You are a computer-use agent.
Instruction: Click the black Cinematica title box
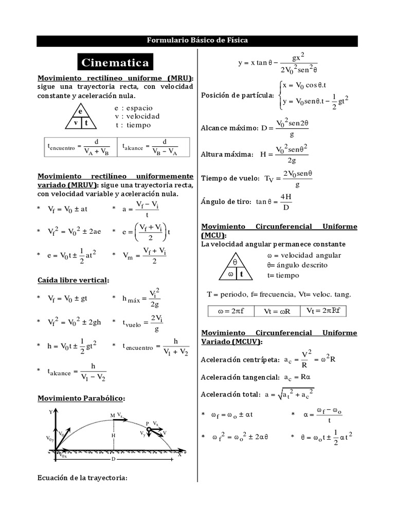point(115,63)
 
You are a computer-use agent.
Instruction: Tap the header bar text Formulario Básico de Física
point(197,41)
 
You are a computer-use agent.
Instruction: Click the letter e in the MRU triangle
point(81,111)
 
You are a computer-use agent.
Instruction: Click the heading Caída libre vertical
point(73,280)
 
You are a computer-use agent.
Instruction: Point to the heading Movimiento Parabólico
point(81,398)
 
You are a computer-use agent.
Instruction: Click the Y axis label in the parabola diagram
point(50,412)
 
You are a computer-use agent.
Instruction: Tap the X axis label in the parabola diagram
point(179,455)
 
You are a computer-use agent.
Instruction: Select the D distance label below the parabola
point(113,459)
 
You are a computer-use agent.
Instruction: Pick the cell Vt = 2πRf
point(326,311)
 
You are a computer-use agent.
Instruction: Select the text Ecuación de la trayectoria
point(82,478)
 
